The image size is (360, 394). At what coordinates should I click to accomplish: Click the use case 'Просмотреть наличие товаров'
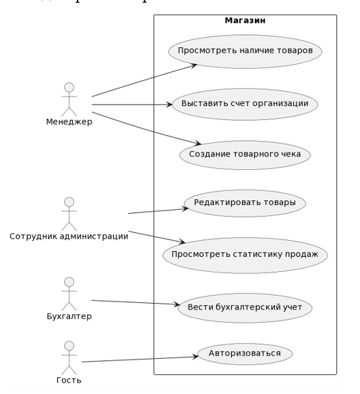245,51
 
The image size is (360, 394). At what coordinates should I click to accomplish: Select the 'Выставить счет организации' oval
245,104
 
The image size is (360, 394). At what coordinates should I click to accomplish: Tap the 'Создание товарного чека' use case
245,154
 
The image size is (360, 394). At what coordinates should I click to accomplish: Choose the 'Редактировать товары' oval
245,203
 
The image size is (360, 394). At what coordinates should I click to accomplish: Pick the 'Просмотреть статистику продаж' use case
245,255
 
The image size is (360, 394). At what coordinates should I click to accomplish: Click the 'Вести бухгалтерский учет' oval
245,308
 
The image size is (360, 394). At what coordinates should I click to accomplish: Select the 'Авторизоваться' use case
245,354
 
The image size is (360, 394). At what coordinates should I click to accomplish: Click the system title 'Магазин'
245,20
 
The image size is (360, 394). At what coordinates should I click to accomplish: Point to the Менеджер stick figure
69,98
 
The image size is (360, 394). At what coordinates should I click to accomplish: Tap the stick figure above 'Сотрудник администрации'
69,213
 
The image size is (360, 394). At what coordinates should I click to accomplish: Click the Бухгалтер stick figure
69,293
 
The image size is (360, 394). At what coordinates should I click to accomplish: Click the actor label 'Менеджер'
69,122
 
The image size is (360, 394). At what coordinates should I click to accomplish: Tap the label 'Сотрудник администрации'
69,236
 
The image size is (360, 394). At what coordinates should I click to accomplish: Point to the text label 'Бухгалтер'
69,316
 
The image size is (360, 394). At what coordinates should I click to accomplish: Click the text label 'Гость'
69,380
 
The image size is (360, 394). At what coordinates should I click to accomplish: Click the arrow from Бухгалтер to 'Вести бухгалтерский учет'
135,303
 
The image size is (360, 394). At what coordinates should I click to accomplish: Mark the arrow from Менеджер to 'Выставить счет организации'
132,105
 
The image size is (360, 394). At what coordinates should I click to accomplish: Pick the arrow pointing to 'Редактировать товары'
158,210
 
